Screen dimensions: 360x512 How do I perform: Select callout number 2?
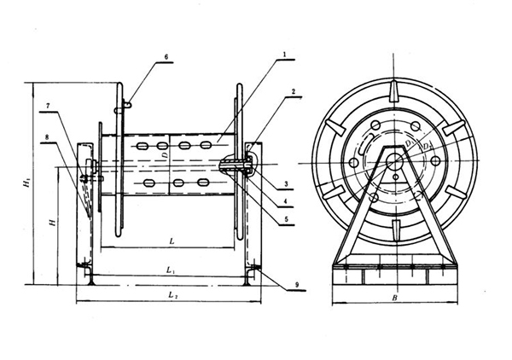point(292,90)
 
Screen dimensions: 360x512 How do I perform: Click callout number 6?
point(166,56)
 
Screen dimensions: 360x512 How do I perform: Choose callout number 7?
point(49,105)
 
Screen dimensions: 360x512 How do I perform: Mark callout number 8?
point(49,136)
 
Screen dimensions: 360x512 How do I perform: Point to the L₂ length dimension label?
point(173,295)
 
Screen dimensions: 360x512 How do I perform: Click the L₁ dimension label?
point(172,271)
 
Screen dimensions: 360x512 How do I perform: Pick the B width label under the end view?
point(394,298)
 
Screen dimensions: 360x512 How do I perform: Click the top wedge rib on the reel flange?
point(394,91)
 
